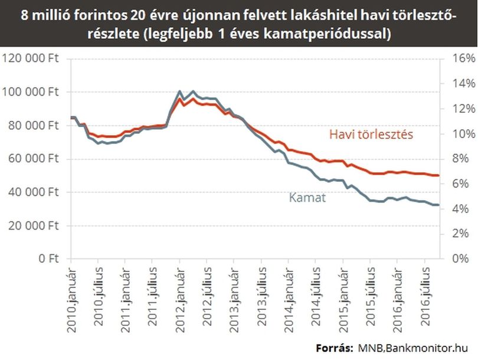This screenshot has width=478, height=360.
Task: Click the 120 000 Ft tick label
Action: [x=31, y=58]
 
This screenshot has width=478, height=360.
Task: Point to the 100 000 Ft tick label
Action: [x=31, y=91]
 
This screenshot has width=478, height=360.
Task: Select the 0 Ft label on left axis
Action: [x=49, y=258]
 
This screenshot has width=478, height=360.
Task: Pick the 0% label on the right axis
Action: [x=460, y=258]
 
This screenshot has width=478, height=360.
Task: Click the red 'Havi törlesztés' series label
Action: [x=371, y=135]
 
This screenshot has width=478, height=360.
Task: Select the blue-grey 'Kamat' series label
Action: [x=307, y=198]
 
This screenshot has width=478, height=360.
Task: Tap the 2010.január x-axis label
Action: [x=71, y=300]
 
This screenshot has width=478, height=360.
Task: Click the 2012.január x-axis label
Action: [x=181, y=300]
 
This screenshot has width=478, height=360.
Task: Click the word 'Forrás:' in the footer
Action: [x=335, y=348]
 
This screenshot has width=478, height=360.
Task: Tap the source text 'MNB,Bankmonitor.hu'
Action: [x=412, y=348]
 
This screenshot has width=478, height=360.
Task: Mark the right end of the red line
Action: [x=438, y=175]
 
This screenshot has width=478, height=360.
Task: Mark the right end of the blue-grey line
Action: [x=438, y=205]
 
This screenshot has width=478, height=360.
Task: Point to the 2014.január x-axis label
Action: [x=289, y=300]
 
